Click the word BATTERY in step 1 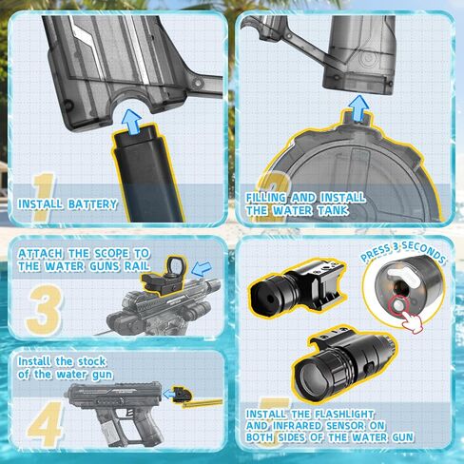pyautogui.click(x=92, y=204)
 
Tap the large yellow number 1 pyautogui.click(x=44, y=197)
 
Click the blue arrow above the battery pyautogui.click(x=131, y=121)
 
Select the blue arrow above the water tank pyautogui.click(x=358, y=108)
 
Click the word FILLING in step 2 pyautogui.click(x=266, y=198)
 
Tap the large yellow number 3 pyautogui.click(x=45, y=310)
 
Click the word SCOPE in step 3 pyautogui.click(x=112, y=254)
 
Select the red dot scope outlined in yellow pyautogui.click(x=164, y=277)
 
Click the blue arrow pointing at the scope pyautogui.click(x=202, y=269)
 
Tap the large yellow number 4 pyautogui.click(x=45, y=424)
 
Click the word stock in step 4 pyautogui.click(x=92, y=361)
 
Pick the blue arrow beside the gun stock pyautogui.click(x=168, y=395)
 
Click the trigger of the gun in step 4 pyautogui.click(x=129, y=413)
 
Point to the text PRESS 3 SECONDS pyautogui.click(x=403, y=253)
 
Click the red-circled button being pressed pyautogui.click(x=398, y=305)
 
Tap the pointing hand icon pyautogui.click(x=412, y=321)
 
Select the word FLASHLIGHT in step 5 pyautogui.click(x=344, y=415)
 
